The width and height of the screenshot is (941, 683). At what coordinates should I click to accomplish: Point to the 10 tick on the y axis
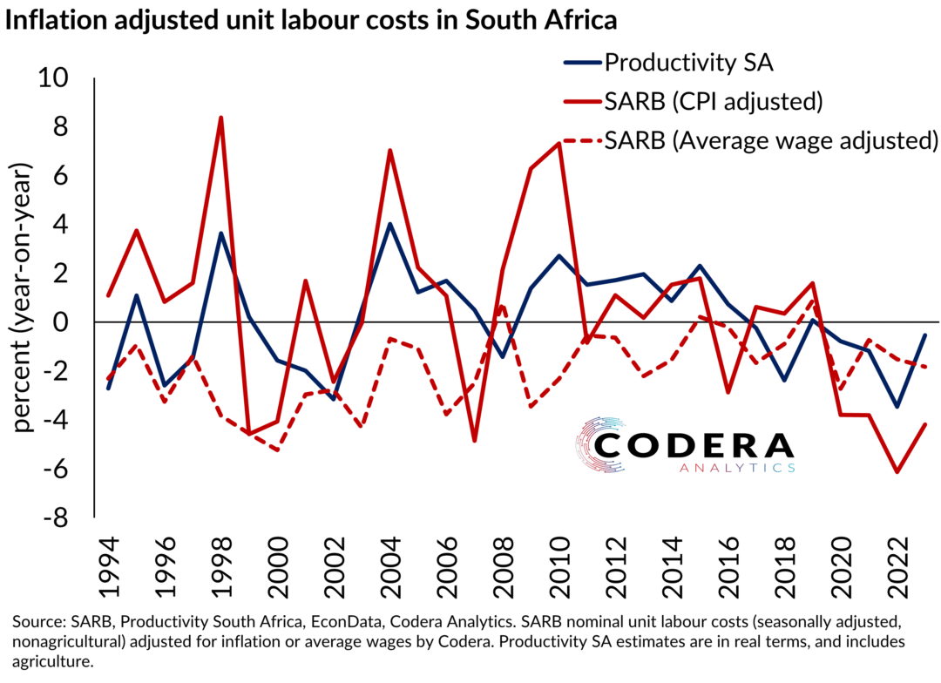click(60, 78)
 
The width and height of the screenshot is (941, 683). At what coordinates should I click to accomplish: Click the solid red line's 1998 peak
click(221, 118)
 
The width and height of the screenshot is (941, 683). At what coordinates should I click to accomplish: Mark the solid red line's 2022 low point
click(897, 471)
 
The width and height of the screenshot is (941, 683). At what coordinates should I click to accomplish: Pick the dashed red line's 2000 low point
click(278, 450)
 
